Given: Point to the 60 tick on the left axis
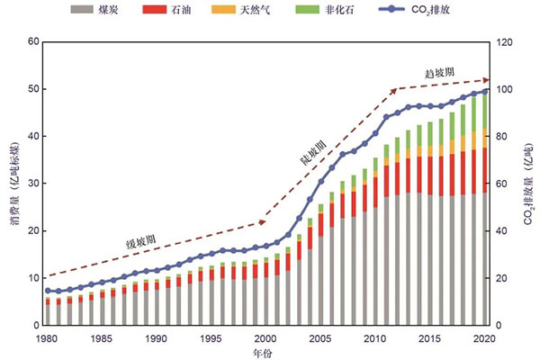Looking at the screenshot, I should (33, 41).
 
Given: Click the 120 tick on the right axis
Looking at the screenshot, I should (505, 41).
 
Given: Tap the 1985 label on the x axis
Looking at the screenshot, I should (101, 338).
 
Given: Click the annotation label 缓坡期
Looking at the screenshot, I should (141, 241).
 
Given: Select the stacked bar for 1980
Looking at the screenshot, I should (47, 311).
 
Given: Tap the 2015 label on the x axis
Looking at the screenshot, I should (433, 338).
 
